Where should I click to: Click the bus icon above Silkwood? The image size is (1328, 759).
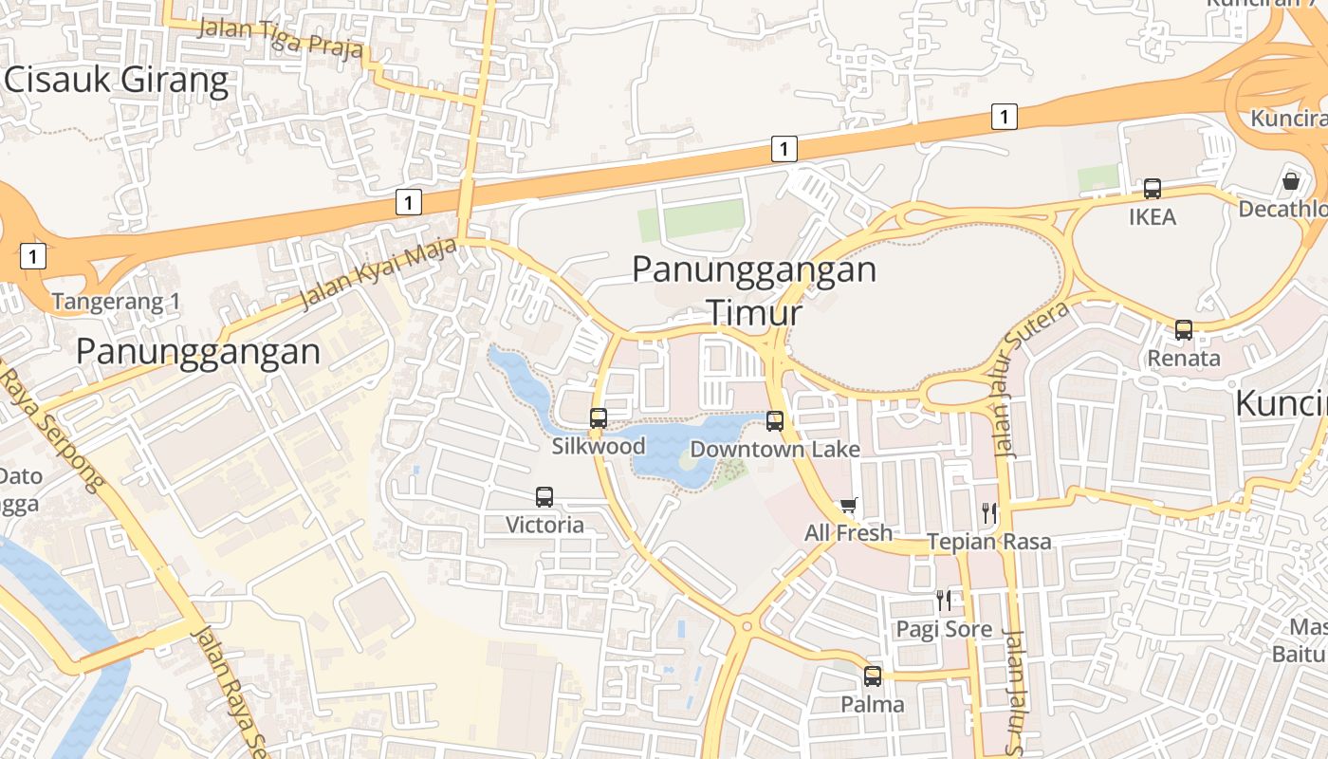click(x=599, y=418)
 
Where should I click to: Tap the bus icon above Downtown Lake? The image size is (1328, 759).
click(x=775, y=421)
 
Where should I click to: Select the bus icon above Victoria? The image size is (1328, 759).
click(x=544, y=496)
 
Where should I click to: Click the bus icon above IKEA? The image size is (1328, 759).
click(x=1153, y=189)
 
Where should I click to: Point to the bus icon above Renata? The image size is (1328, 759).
click(x=1184, y=330)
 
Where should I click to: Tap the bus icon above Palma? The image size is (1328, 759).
click(x=873, y=676)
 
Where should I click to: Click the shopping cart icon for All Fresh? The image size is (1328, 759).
click(x=848, y=505)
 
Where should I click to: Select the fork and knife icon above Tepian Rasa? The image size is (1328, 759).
click(x=989, y=513)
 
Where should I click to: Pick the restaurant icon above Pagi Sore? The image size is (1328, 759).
click(x=944, y=600)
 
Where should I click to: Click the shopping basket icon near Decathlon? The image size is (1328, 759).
click(x=1291, y=179)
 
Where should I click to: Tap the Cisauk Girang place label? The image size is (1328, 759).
click(x=117, y=81)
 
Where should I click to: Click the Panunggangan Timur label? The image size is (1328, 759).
click(x=754, y=288)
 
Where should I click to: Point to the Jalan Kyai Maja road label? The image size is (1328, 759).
click(x=378, y=275)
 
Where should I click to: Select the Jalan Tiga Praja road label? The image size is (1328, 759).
click(x=280, y=37)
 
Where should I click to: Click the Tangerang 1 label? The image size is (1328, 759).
click(x=116, y=302)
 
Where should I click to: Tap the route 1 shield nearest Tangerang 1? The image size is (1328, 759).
click(x=33, y=255)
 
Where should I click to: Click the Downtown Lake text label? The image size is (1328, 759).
click(x=775, y=450)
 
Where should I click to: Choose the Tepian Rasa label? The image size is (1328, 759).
click(x=989, y=542)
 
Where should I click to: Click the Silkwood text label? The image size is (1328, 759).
click(x=599, y=446)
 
